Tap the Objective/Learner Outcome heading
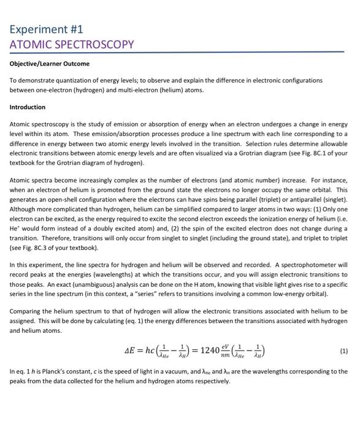click(49, 64)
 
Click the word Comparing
click(25, 309)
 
